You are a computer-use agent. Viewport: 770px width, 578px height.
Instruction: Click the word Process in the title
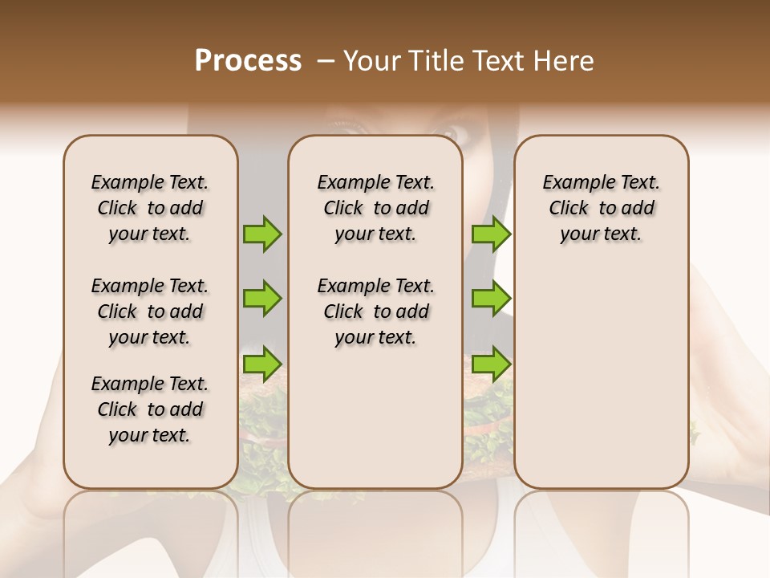click(248, 61)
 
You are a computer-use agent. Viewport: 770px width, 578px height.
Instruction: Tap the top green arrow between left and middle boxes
click(263, 234)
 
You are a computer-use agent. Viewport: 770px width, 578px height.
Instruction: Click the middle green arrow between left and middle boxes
click(263, 299)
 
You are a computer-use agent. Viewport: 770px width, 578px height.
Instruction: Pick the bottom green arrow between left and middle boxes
click(263, 364)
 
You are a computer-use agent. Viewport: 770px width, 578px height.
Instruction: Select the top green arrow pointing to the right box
click(491, 234)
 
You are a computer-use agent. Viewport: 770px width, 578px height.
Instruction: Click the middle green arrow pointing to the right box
click(491, 299)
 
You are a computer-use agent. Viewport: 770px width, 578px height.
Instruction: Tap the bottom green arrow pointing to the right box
click(491, 364)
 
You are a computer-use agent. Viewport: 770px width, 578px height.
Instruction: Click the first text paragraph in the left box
click(150, 208)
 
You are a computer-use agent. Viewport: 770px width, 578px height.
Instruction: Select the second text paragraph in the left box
click(150, 311)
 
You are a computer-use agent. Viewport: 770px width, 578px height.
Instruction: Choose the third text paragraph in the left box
click(150, 409)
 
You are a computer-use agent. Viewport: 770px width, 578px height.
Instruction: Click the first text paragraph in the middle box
click(376, 208)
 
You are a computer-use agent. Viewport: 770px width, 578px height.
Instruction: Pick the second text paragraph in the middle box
click(376, 311)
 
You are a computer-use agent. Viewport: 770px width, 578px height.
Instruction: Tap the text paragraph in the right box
click(602, 208)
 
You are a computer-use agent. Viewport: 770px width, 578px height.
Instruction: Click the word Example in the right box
click(573, 182)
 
